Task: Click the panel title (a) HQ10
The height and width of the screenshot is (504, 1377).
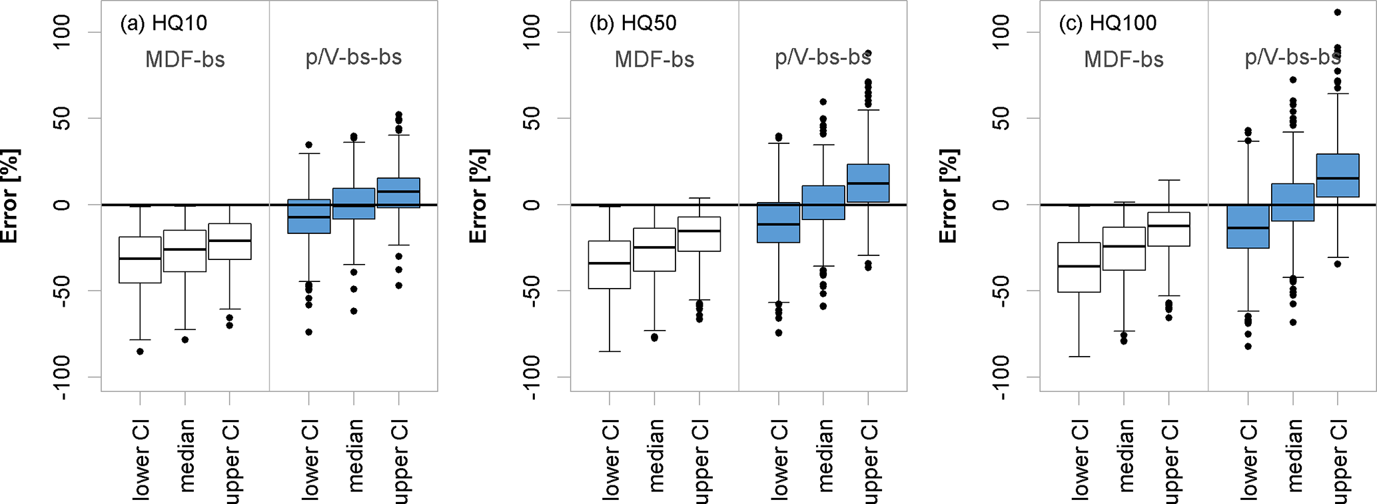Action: (163, 23)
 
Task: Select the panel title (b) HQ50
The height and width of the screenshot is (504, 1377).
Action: (633, 23)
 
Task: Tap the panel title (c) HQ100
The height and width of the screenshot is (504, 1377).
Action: (1107, 23)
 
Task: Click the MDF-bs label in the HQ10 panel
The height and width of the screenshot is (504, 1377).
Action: (185, 59)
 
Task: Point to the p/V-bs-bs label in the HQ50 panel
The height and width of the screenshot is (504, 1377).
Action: (823, 57)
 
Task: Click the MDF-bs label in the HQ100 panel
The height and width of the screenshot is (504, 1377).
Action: (1124, 59)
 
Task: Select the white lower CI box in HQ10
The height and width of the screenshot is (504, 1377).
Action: (140, 260)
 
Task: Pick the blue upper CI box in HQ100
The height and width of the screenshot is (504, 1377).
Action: (1338, 175)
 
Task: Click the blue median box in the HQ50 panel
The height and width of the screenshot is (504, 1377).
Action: (823, 203)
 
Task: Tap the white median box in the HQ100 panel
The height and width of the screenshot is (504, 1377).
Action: (1124, 249)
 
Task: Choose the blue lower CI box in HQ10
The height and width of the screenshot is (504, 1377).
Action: (308, 216)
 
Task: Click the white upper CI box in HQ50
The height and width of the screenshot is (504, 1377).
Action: (699, 234)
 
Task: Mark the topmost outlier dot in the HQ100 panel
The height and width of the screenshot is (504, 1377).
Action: (1338, 12)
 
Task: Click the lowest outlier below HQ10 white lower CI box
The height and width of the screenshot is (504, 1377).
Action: (140, 351)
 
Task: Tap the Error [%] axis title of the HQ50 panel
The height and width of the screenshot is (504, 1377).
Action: (479, 197)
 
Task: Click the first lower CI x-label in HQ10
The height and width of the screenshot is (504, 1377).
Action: (141, 460)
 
